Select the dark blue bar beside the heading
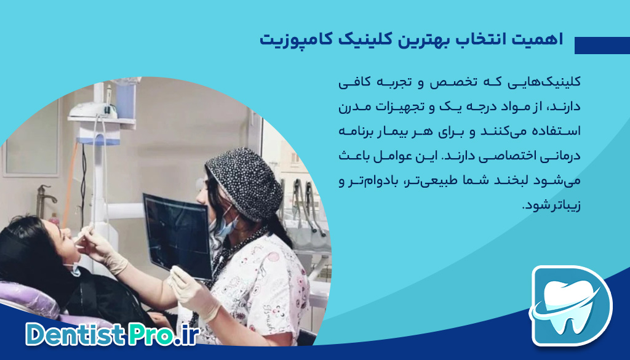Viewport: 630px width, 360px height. click(x=602, y=46)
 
